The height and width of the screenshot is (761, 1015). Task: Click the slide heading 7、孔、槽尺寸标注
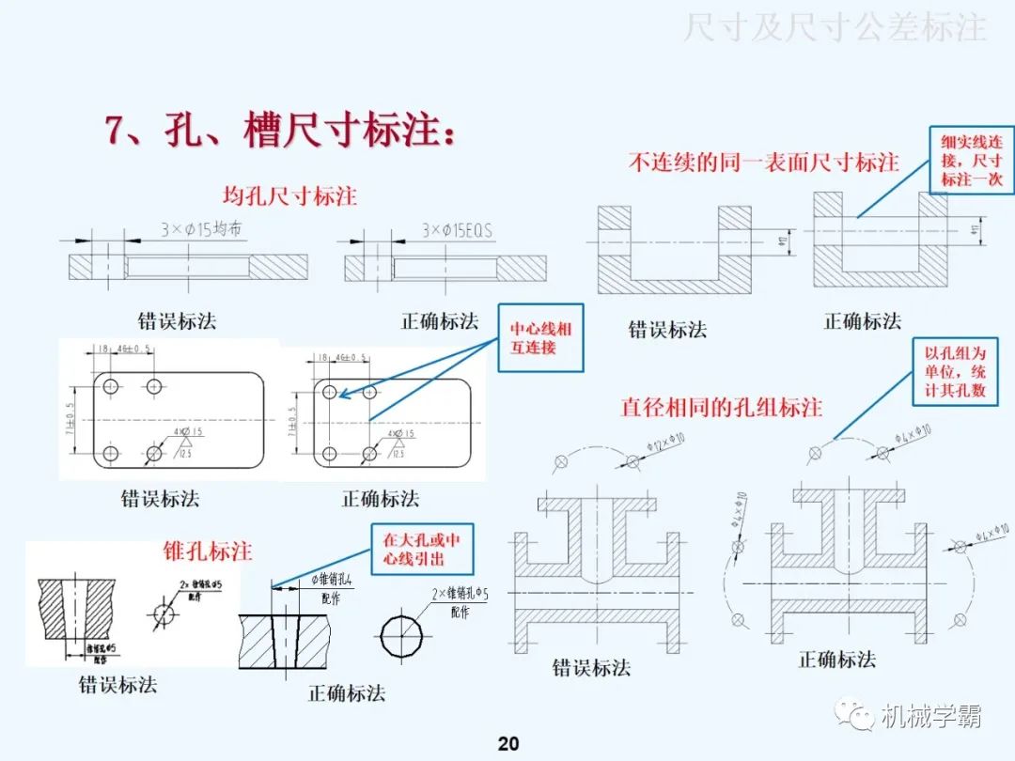coord(281,131)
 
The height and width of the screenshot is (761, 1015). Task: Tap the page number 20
coord(507,744)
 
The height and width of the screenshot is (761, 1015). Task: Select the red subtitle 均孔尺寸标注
coord(289,196)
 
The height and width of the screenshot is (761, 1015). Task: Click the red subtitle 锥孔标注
coord(208,550)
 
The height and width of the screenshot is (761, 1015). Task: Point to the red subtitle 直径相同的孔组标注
coord(721,407)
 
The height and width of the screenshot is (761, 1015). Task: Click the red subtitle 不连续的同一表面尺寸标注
coord(763,162)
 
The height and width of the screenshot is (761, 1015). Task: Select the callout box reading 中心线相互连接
coord(540,338)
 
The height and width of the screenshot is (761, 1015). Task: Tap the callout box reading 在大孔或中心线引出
coord(421,550)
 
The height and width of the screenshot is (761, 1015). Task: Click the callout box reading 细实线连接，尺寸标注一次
coord(971,160)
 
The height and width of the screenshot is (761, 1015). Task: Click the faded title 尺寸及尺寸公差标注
coord(835,28)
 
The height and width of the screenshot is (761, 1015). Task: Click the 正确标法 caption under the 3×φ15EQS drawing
coord(440,320)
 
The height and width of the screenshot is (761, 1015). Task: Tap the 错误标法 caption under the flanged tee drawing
coord(591,668)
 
